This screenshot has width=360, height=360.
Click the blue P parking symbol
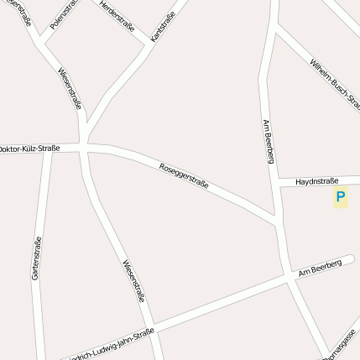pyautogui.click(x=340, y=198)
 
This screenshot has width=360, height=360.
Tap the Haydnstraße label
pyautogui.click(x=317, y=180)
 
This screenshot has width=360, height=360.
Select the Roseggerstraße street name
pyautogui.click(x=183, y=175)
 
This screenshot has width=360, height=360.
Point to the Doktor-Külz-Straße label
pyautogui.click(x=29, y=149)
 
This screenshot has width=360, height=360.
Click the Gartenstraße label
pyautogui.click(x=36, y=258)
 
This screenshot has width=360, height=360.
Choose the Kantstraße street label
pyautogui.click(x=163, y=28)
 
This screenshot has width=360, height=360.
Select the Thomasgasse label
pyautogui.click(x=342, y=344)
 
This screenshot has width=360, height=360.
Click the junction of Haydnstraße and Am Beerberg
pyautogui.click(x=277, y=181)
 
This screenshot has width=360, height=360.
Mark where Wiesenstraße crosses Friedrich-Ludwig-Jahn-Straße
pyautogui.click(x=153, y=326)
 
